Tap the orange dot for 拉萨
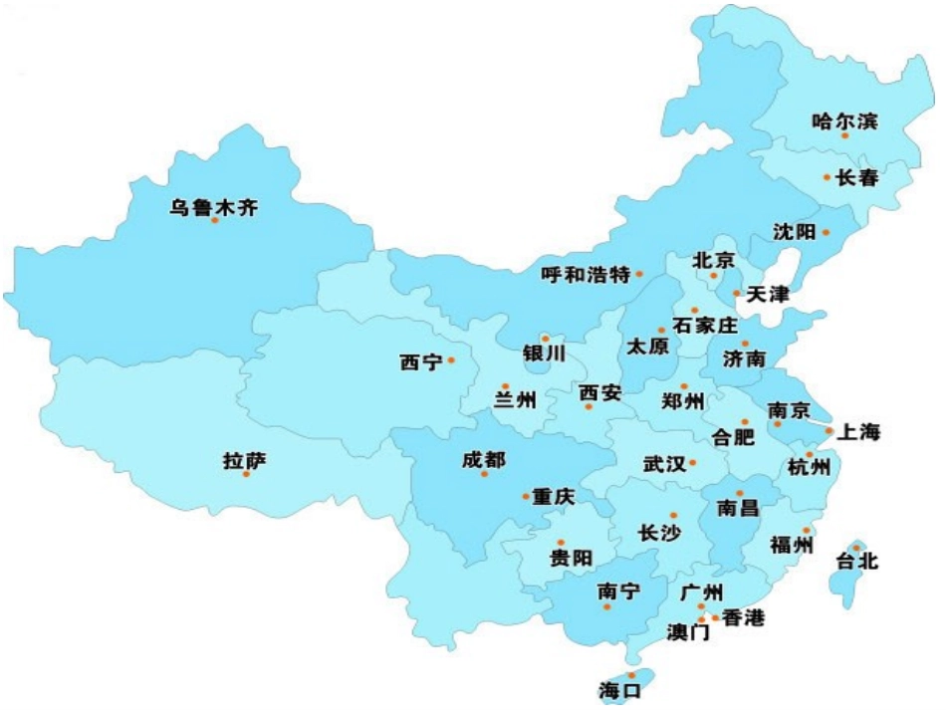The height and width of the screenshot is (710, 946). (x=246, y=474)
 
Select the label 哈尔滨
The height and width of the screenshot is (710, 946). (x=844, y=121)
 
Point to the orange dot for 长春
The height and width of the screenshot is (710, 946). (x=827, y=177)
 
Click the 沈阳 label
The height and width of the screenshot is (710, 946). (x=794, y=232)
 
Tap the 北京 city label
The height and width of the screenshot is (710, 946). (x=713, y=261)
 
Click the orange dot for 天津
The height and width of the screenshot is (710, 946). (x=736, y=293)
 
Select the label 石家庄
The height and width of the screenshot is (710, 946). (x=705, y=326)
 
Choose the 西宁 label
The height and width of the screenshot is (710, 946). (x=420, y=363)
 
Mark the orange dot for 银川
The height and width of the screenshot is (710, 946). (x=545, y=339)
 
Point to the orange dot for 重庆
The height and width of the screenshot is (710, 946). (x=526, y=496)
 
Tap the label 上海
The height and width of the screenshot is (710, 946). (x=859, y=432)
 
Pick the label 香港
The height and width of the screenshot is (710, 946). (x=743, y=618)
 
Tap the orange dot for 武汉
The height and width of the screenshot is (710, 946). (x=692, y=462)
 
